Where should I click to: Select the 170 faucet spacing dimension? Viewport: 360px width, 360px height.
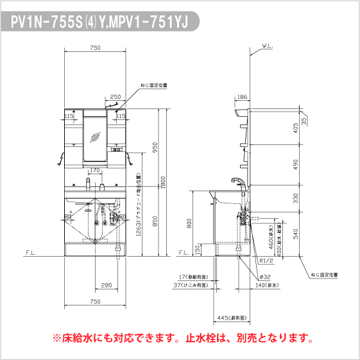tap(94, 171)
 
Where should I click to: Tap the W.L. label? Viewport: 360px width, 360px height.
tap(268, 47)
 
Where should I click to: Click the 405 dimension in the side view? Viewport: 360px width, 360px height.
tap(295, 126)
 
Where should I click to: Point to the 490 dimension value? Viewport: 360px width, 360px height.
tap(295, 165)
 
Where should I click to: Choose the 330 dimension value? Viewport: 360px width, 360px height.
tap(295, 199)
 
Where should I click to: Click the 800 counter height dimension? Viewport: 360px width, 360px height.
tap(189, 223)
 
